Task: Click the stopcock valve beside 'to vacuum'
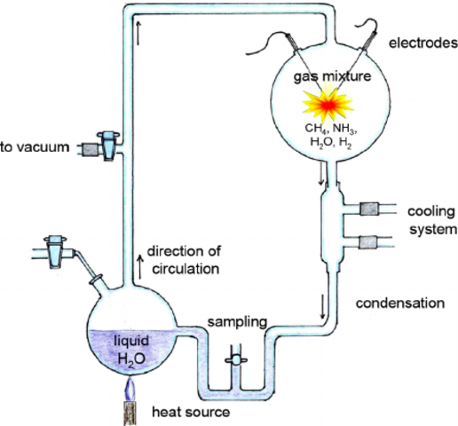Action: (106, 146)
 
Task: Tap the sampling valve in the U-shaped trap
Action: (234, 362)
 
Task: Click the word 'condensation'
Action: (399, 304)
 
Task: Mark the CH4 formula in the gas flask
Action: (305, 129)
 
